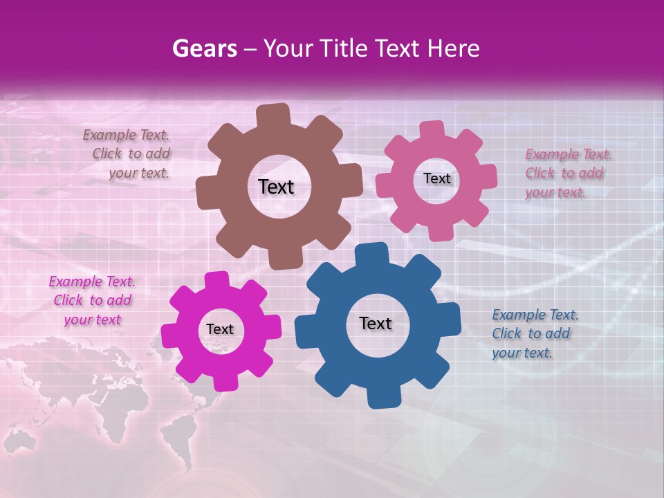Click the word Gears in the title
pyautogui.click(x=202, y=48)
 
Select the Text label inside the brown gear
pyautogui.click(x=276, y=187)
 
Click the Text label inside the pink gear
pyautogui.click(x=436, y=178)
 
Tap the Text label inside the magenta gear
pyautogui.click(x=220, y=330)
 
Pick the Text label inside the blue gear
pyautogui.click(x=376, y=323)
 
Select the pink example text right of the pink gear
pyautogui.click(x=568, y=173)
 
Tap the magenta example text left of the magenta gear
pyautogui.click(x=92, y=300)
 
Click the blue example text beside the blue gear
pyautogui.click(x=534, y=333)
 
